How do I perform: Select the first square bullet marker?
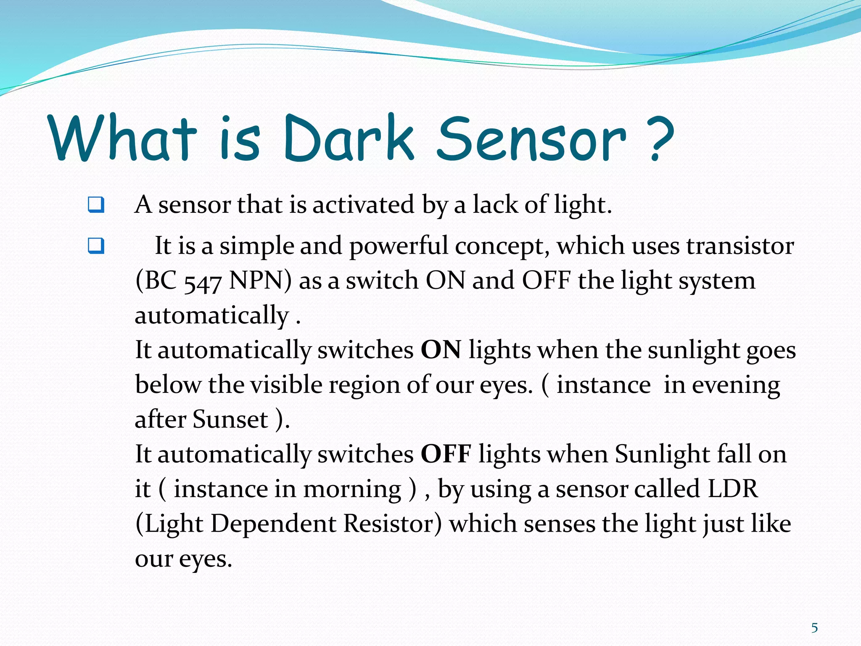coord(96,205)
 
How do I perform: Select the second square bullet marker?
coord(96,246)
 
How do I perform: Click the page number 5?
coord(814,628)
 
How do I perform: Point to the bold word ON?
coord(441,349)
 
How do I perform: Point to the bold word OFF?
coord(446,454)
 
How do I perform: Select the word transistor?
coord(740,246)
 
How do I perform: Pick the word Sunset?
coord(230,419)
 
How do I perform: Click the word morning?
coord(352,490)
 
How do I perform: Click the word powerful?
coord(399,246)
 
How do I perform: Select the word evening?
coord(736,385)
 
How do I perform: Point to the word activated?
coord(363,205)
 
